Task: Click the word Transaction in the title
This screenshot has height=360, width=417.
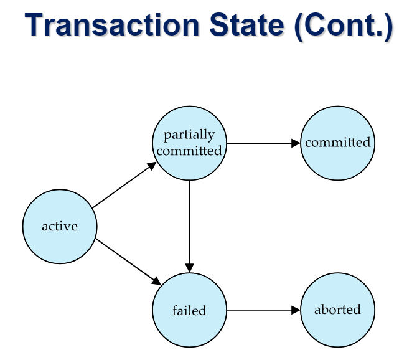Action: coord(112,25)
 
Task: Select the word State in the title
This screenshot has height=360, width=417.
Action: coord(247,25)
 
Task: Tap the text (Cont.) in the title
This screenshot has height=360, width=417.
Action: coord(344,26)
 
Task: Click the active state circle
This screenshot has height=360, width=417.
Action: coord(60,227)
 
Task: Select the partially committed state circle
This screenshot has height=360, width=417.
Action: coord(189,143)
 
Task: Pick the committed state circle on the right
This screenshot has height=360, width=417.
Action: coord(338,143)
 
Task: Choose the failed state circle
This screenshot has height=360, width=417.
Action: coord(189,310)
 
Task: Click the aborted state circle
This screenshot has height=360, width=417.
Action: coord(338,310)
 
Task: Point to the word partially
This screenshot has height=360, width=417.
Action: coord(189,135)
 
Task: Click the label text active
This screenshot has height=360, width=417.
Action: coord(60,227)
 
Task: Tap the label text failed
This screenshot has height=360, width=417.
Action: coord(189,310)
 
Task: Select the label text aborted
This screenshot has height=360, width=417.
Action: coord(338,310)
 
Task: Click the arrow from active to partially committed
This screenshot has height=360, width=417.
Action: coord(124,184)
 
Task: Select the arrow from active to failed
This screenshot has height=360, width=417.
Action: coord(128,262)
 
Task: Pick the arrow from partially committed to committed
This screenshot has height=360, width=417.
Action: coord(263,143)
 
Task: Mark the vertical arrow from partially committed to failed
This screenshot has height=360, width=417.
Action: coord(189,227)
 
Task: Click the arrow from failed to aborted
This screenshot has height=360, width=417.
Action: coord(263,310)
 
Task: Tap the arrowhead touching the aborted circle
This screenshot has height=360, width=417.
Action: coord(296,310)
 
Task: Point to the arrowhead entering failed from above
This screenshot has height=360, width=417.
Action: coord(189,268)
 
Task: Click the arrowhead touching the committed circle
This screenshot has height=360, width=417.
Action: coord(296,143)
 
